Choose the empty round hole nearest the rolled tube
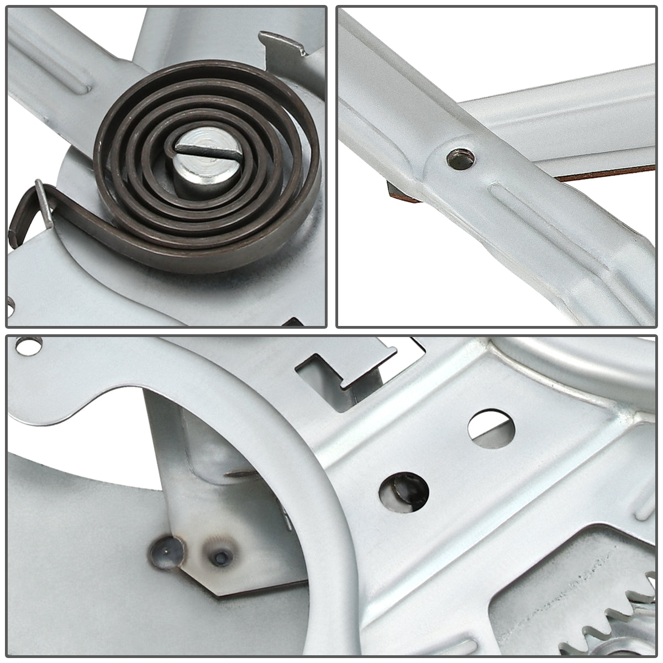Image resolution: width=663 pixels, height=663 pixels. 491,428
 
